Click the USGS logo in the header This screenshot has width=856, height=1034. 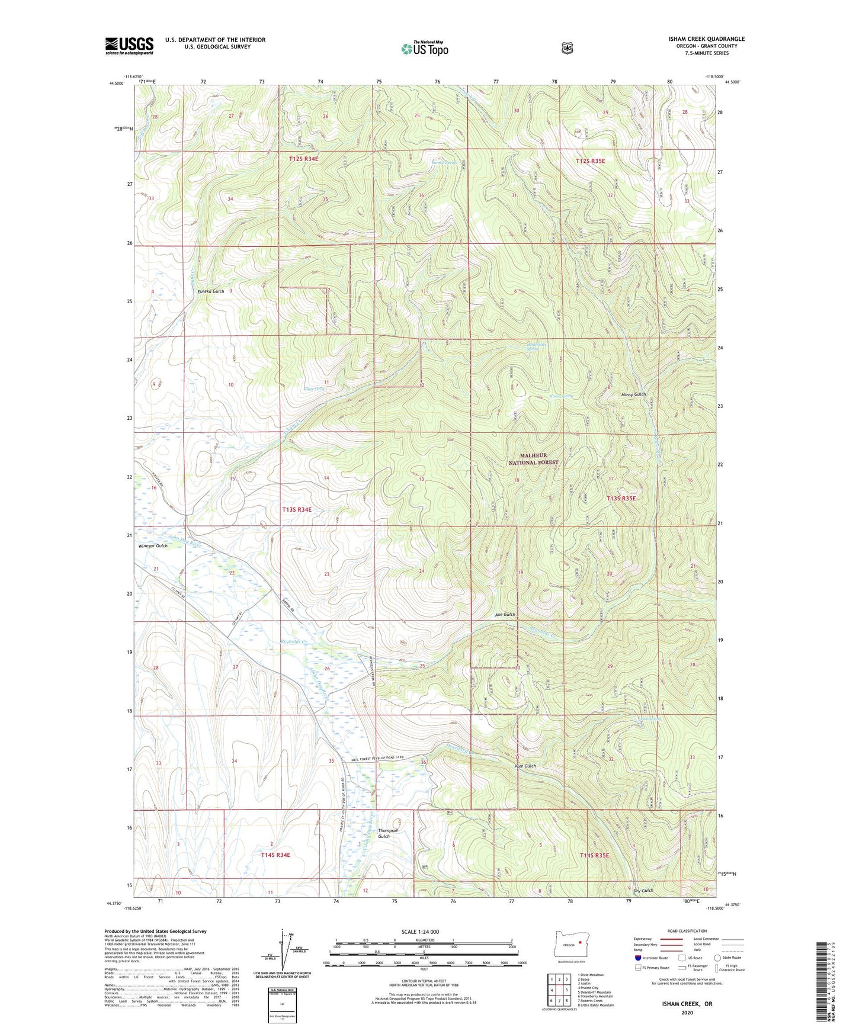pos(129,46)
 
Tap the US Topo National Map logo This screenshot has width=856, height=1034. pos(424,49)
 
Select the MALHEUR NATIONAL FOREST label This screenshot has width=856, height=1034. pos(533,458)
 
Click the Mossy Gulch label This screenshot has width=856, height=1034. pos(633,394)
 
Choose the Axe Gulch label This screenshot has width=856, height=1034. pos(505,615)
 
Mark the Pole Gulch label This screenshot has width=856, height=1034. pos(525,766)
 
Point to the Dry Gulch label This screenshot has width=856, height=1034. pos(643,891)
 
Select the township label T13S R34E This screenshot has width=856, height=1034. pos(297,509)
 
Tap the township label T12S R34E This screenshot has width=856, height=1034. pos(304,159)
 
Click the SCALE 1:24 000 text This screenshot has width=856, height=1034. pos(420,932)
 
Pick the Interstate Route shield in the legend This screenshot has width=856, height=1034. pos(638,958)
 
